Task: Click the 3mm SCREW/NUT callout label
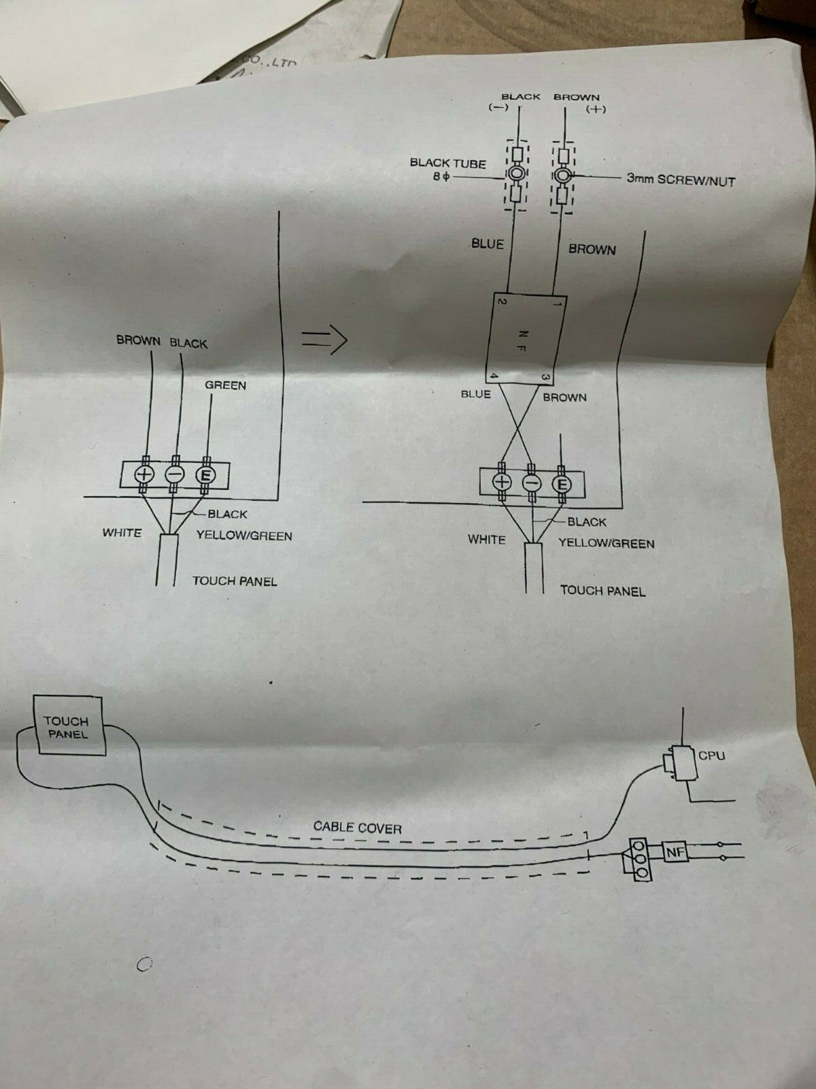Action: [680, 180]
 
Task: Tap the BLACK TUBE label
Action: [447, 163]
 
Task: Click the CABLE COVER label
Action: [357, 827]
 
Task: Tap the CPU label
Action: [711, 755]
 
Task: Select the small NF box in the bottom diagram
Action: [673, 851]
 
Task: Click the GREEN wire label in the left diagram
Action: [226, 385]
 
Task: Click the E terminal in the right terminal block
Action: [562, 483]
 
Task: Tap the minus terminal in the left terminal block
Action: [175, 474]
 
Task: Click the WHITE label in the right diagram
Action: [486, 540]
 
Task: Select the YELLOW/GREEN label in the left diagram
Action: [244, 536]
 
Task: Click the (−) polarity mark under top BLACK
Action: [498, 108]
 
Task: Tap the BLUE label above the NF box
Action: [488, 244]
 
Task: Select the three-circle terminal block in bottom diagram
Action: [639, 860]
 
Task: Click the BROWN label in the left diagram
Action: [138, 340]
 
